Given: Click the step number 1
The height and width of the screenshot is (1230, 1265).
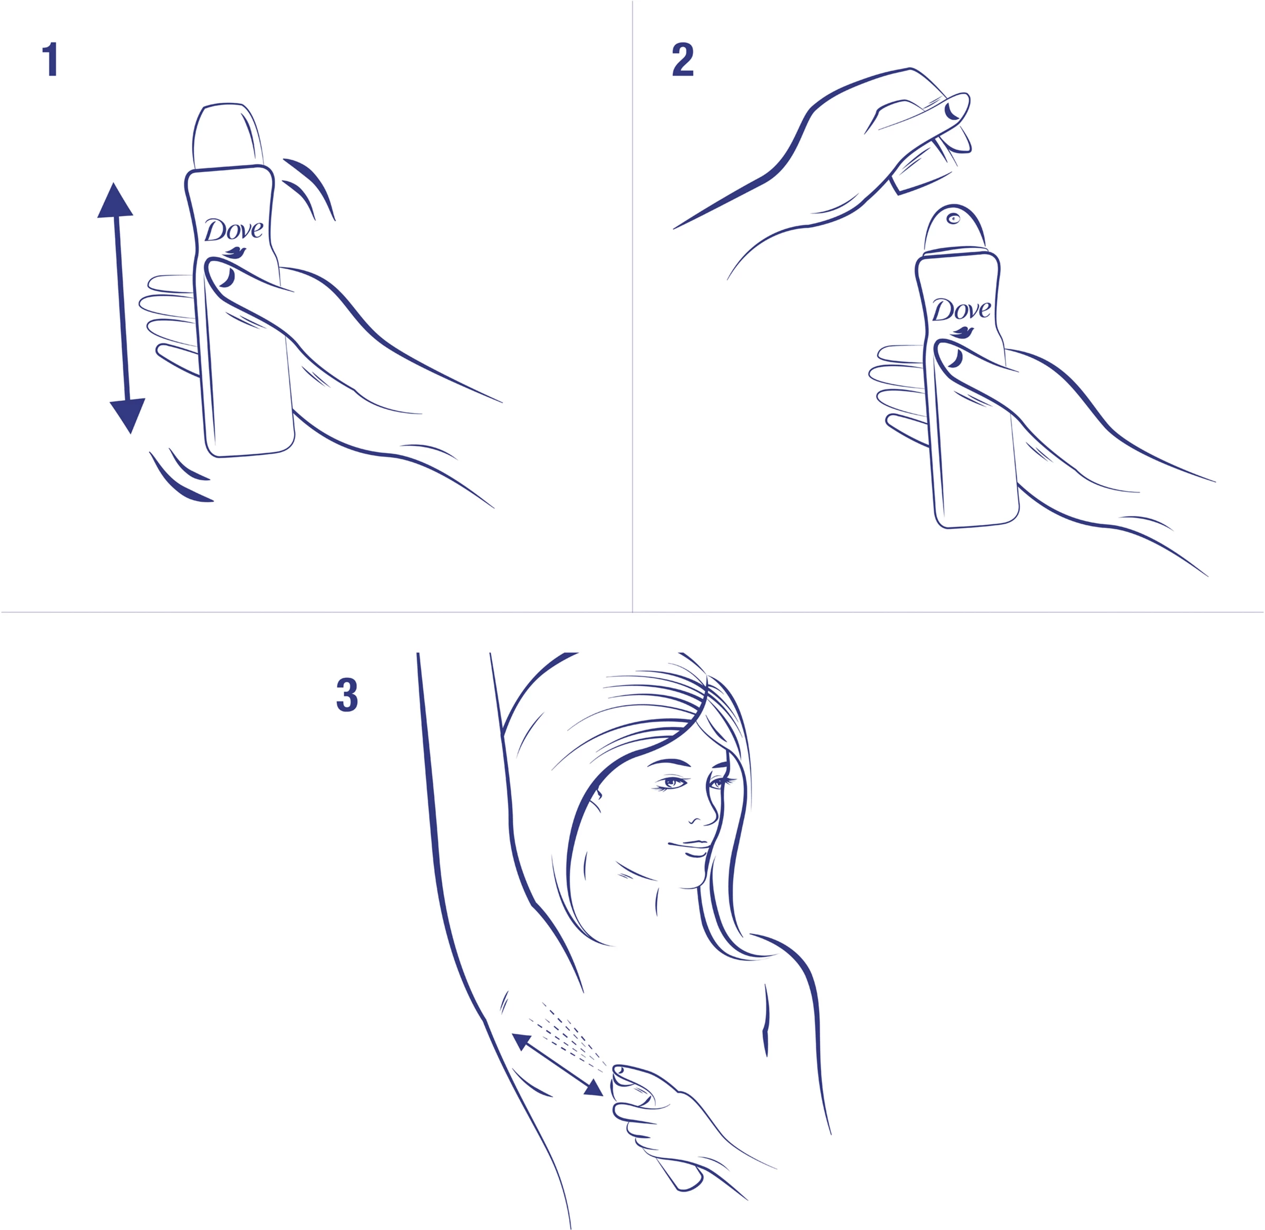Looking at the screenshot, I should [51, 60].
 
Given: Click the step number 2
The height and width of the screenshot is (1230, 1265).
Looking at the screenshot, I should [683, 60].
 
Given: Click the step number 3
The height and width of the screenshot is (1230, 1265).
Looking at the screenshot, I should [347, 696].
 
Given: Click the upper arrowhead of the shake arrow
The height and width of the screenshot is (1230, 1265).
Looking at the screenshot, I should [115, 200].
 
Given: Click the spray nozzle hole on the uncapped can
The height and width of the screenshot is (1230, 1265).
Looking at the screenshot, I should [953, 219].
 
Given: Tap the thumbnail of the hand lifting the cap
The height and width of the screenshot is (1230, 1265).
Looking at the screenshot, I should [952, 111].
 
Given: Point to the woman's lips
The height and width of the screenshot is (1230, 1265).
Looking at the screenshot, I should [695, 847].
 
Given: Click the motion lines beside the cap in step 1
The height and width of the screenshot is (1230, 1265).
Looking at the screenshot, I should [309, 187].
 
